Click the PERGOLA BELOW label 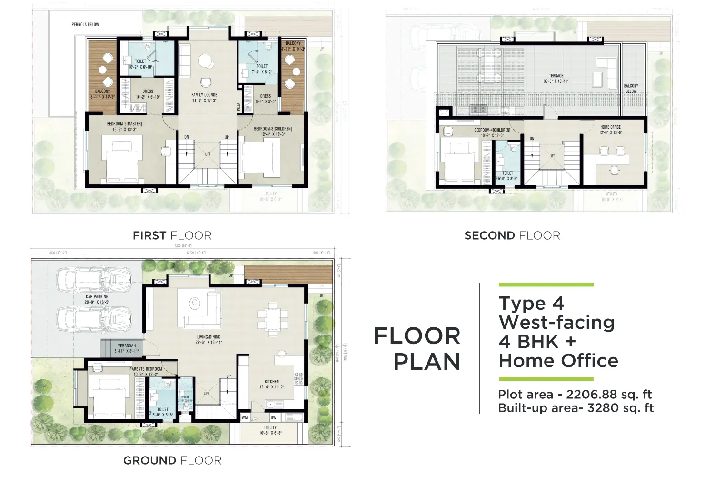pos(85,24)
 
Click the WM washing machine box pos(245,417)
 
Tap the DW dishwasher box pos(273,417)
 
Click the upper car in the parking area pos(94,279)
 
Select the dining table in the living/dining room pos(273,315)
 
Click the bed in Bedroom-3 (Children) pos(259,158)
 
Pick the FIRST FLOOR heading pos(172,235)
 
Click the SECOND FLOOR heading pos(512,235)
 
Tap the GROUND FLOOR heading pos(172,460)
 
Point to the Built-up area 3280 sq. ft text pos(576,408)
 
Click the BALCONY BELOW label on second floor pos(631,89)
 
